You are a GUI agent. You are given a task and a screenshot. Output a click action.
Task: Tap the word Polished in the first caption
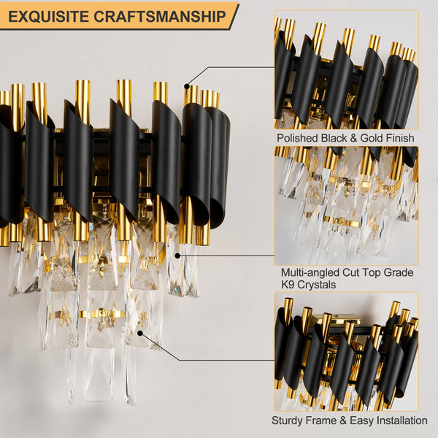[x=299, y=137]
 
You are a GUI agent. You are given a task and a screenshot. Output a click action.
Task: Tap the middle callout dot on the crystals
[x=177, y=255]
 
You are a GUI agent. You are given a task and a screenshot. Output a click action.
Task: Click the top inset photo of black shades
[x=346, y=69]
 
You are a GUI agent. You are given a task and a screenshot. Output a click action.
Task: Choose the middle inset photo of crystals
[x=346, y=205]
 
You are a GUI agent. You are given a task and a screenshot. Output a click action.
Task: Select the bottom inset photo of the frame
[x=346, y=351]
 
